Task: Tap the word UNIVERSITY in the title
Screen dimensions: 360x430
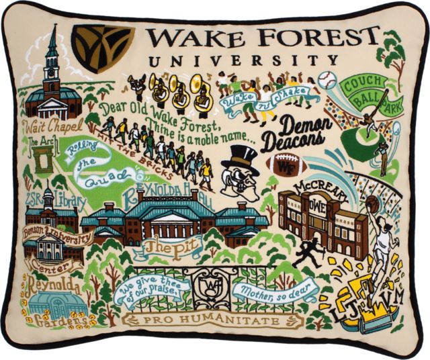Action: click(x=243, y=61)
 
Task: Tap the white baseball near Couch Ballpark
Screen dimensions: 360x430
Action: click(x=327, y=80)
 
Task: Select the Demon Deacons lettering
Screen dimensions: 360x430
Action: click(x=296, y=134)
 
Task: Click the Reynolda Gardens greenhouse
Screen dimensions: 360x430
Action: click(x=58, y=306)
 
